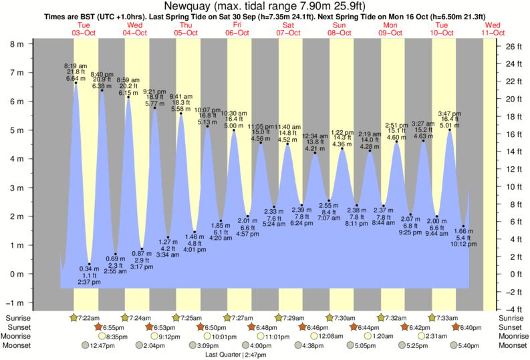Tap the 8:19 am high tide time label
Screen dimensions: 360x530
75,65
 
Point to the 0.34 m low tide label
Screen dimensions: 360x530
90,268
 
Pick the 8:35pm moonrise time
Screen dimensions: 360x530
118,336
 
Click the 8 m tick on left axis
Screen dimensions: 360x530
15,44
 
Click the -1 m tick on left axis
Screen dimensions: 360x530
14,303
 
